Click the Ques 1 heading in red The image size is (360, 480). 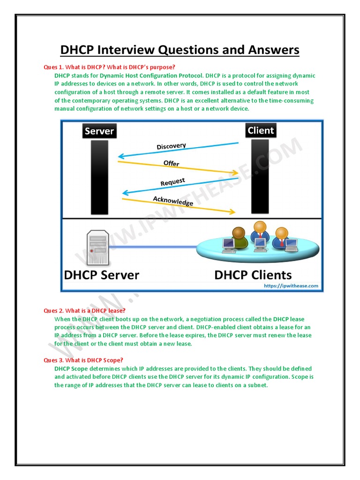(109, 67)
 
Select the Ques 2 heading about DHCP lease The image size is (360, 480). (84, 311)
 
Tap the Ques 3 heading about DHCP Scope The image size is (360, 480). (83, 360)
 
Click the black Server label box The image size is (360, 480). (99, 131)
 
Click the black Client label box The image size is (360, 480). (261, 130)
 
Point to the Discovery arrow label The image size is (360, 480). (171, 146)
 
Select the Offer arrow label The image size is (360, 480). (171, 164)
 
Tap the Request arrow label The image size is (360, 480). (172, 182)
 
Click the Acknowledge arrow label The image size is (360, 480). (173, 201)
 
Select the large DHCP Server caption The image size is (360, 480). (102, 275)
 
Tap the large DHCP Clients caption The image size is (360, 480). (253, 275)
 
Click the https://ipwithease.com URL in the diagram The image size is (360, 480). (291, 285)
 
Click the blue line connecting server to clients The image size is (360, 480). (155, 247)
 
